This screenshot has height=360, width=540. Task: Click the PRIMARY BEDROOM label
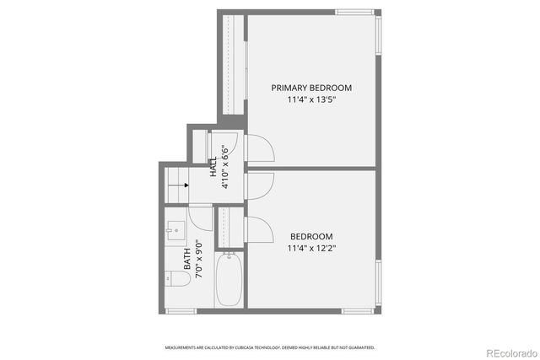310,88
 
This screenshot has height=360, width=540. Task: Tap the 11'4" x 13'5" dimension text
310,99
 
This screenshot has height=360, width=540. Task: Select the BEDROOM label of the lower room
311,236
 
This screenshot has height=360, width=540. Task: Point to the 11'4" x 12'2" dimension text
311,248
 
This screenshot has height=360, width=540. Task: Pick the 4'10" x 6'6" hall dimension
224,168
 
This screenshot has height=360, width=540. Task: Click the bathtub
229,281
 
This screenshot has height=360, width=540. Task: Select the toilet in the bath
175,277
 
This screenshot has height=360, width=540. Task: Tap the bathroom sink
175,228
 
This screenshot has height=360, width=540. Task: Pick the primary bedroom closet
234,67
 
